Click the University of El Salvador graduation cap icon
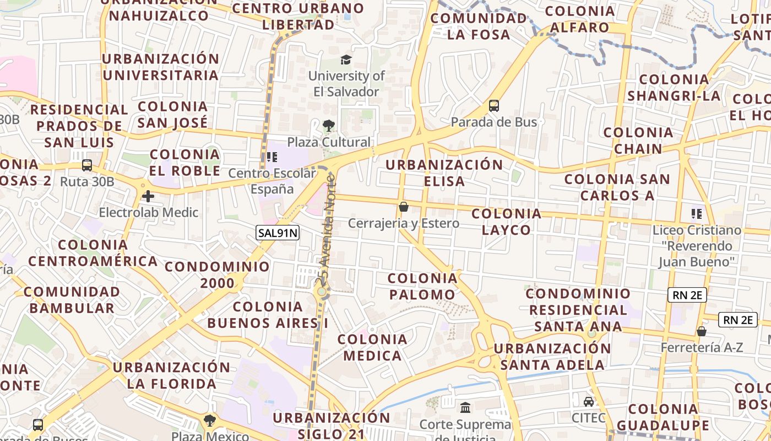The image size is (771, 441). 346,60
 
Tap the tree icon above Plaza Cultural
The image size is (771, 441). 329,126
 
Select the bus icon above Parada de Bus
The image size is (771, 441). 494,106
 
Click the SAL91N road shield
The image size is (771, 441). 278,233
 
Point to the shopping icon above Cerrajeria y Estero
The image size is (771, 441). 404,207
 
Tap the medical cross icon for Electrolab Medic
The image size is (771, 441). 148,196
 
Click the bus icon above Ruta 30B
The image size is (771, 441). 86,165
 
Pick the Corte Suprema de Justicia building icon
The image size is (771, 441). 465,408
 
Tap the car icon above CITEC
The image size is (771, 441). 589,401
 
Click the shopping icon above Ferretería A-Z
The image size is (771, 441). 702,331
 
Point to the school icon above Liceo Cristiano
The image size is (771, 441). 697,213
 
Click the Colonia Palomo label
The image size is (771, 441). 422,286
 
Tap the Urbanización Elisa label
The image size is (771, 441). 444,173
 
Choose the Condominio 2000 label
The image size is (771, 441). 218,275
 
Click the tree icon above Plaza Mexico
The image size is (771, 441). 210,421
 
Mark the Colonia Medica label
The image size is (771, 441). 373,347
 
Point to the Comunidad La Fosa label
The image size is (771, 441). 479,26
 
